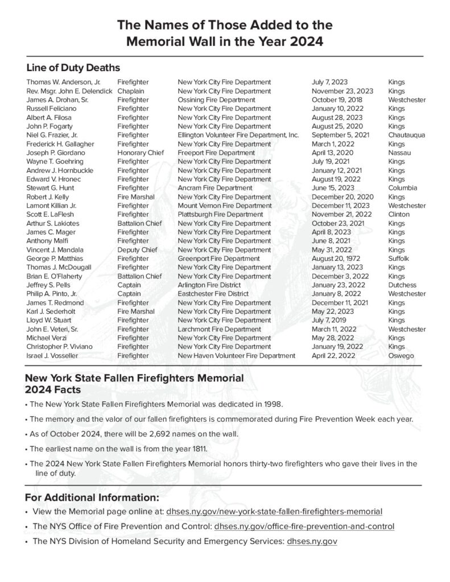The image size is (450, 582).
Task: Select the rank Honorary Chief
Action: (x=138, y=153)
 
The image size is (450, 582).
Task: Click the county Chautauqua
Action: (x=406, y=135)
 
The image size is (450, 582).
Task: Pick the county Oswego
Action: (x=401, y=356)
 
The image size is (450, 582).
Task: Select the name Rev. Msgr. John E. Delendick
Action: (x=69, y=91)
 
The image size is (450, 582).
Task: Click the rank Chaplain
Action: (x=130, y=91)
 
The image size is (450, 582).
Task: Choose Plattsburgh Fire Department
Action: (x=220, y=215)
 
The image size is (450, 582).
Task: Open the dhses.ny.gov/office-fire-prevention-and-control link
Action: (x=300, y=526)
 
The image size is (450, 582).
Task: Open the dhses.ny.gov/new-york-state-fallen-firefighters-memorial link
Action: (x=274, y=511)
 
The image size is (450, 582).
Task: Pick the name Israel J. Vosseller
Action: (x=52, y=356)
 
